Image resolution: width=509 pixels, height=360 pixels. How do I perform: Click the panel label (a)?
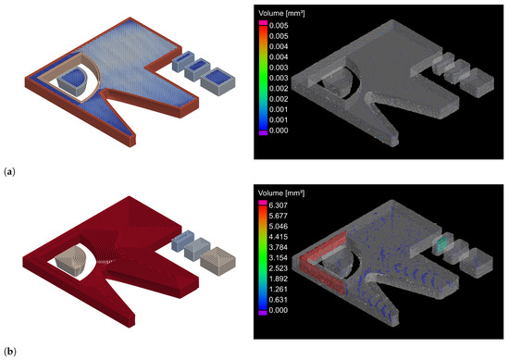(x=9, y=171)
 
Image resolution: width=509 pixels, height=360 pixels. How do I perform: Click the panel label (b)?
(x=9, y=352)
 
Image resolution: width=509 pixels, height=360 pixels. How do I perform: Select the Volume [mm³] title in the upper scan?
(x=281, y=13)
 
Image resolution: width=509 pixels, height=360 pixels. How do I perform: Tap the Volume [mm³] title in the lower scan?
(x=281, y=193)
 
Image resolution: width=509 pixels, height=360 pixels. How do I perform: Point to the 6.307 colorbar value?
(x=279, y=205)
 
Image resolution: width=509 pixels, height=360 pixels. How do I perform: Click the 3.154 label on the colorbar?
(x=279, y=258)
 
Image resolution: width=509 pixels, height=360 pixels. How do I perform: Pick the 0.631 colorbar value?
(x=279, y=300)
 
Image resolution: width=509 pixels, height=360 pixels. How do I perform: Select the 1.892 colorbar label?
(x=279, y=279)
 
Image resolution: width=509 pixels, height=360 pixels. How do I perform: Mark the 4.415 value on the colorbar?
(x=279, y=237)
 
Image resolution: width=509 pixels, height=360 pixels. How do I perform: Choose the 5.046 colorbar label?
(x=279, y=226)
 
